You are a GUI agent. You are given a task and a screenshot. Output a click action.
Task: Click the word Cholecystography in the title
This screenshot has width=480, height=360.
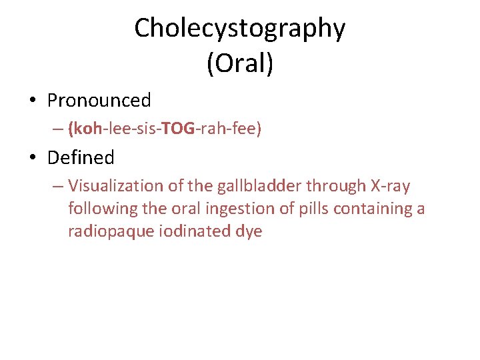click(240, 29)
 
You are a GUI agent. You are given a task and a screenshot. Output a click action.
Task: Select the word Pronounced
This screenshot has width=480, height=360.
click(99, 101)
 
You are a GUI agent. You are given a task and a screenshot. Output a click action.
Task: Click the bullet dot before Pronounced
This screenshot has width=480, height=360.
click(32, 101)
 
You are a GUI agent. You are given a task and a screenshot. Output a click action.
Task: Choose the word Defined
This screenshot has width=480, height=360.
click(81, 158)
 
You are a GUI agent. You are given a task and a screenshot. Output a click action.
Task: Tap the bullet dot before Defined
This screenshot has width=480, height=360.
click(32, 159)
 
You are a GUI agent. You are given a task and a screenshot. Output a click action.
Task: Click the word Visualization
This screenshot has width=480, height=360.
click(115, 186)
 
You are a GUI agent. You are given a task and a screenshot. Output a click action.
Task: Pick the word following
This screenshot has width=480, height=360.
click(99, 209)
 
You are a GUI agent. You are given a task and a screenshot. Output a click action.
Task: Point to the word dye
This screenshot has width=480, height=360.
click(251, 232)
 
